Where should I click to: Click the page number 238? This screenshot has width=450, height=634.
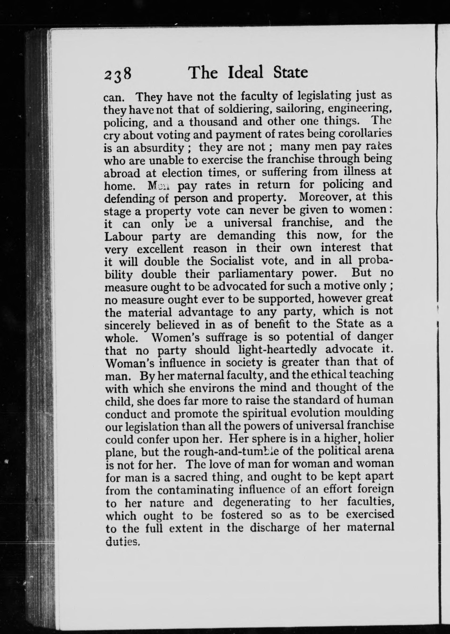click(x=118, y=74)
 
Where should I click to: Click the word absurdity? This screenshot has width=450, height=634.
click(x=158, y=148)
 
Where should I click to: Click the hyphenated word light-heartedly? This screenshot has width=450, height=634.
click(x=277, y=350)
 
